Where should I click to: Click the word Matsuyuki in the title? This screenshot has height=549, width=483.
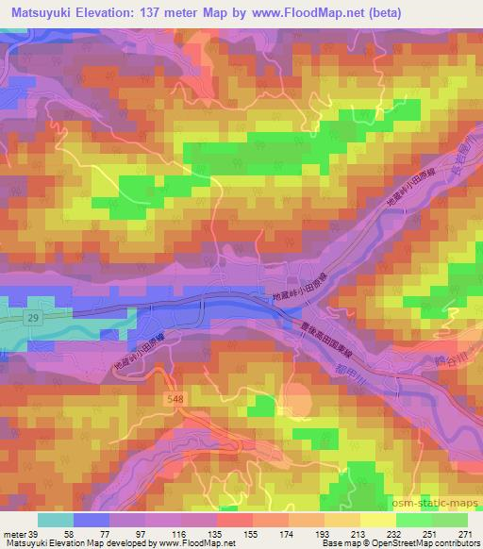pos(42,12)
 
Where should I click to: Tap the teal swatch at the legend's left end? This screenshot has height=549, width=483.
pos(56,520)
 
